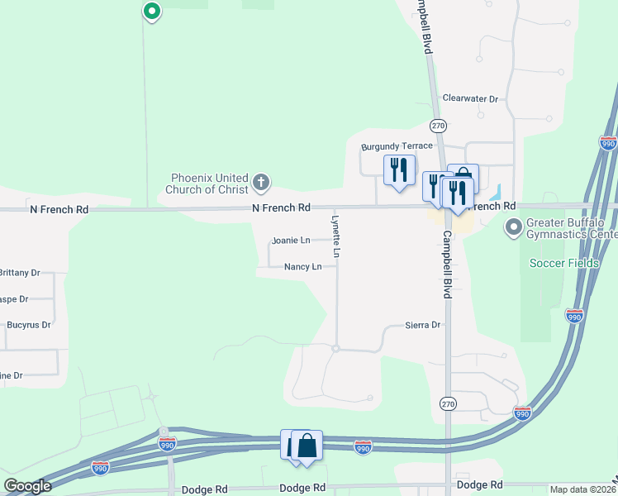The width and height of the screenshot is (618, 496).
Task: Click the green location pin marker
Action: [x=151, y=12]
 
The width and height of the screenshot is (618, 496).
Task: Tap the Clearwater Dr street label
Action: [x=470, y=98]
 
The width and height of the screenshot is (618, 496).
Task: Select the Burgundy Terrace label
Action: [x=397, y=146]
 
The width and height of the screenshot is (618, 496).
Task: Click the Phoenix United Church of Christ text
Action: [x=210, y=184]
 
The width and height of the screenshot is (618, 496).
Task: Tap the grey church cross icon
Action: [x=261, y=182]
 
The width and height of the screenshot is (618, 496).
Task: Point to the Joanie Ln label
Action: [x=291, y=241]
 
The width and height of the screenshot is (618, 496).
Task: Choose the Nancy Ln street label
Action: [x=302, y=267]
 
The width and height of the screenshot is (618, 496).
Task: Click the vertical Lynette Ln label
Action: [x=336, y=234]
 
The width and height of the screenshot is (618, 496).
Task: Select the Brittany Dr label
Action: [x=20, y=272]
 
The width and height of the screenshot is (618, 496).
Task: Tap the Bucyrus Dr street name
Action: [x=28, y=325]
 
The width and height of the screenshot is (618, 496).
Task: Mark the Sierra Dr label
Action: [x=424, y=326]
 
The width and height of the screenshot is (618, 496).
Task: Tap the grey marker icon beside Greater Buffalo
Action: [x=514, y=226]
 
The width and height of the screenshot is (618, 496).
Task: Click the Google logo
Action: [x=28, y=486]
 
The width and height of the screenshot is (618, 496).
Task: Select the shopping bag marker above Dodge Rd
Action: [x=307, y=446]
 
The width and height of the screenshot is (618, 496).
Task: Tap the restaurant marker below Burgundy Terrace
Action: [x=400, y=169]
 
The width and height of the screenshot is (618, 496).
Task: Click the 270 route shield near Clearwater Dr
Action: [x=438, y=126]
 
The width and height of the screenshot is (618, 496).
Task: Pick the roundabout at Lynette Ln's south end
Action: [x=335, y=349]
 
